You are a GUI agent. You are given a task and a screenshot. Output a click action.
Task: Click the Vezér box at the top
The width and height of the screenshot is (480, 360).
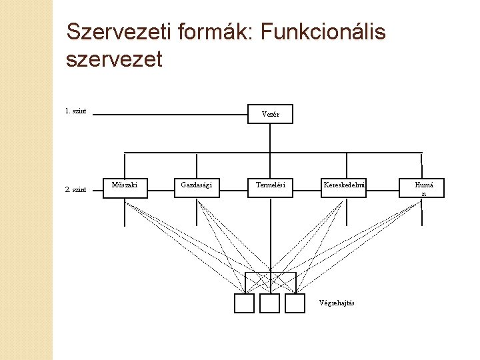pyautogui.click(x=270, y=114)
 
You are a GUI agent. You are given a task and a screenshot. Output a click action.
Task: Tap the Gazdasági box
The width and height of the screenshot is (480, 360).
pyautogui.click(x=197, y=185)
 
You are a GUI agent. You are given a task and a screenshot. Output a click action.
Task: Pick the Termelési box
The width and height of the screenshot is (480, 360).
pyautogui.click(x=270, y=185)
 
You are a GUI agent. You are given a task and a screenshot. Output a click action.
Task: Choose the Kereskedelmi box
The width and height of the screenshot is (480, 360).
pyautogui.click(x=345, y=185)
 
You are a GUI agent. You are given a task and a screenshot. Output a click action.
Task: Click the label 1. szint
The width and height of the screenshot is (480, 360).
pyautogui.click(x=76, y=111)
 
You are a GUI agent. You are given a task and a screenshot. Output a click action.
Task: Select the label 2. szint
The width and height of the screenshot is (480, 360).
pyautogui.click(x=76, y=189)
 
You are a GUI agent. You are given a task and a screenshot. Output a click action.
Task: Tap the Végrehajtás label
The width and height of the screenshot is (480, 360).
pyautogui.click(x=337, y=303)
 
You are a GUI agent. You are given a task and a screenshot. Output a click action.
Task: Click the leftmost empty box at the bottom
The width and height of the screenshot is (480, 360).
pyautogui.click(x=245, y=303)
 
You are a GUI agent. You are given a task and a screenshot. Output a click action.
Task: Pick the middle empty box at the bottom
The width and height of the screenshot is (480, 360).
pyautogui.click(x=269, y=303)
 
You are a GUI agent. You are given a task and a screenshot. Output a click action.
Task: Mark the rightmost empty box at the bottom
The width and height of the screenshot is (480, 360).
pyautogui.click(x=295, y=303)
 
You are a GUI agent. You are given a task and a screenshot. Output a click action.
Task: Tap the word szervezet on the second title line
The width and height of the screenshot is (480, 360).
pyautogui.click(x=115, y=59)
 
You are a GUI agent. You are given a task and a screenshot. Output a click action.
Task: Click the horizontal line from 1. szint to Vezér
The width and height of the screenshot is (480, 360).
pyautogui.click(x=170, y=115)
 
